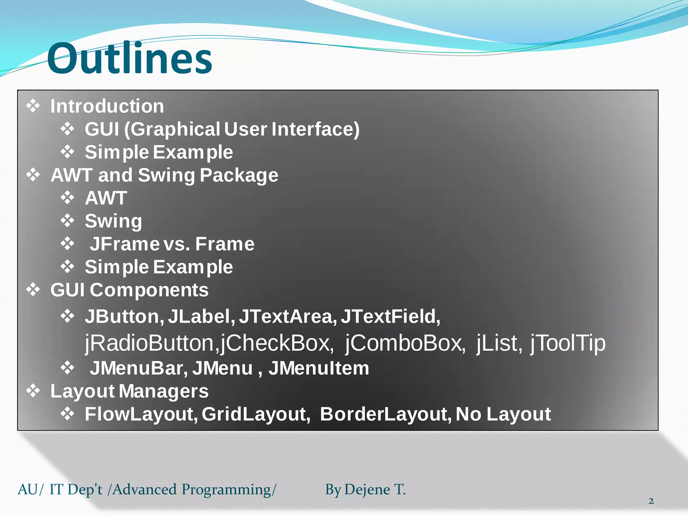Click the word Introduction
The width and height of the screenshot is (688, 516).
pos(107,106)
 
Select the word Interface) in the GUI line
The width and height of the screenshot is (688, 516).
pos(315,129)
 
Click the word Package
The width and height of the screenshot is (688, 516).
pos(239,175)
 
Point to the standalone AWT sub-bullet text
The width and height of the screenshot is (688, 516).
pos(106,198)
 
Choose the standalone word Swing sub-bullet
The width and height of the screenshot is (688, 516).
pos(113,221)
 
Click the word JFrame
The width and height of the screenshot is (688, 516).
pos(124,244)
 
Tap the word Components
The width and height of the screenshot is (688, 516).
pos(149,290)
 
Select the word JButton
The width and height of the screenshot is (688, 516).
pos(124,316)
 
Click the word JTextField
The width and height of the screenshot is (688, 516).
pos(390,316)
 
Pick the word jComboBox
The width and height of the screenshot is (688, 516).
pos(405,343)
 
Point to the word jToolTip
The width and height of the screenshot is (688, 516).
pos(568,343)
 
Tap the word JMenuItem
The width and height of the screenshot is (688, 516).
pos(318,368)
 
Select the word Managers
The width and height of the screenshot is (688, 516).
pos(163,391)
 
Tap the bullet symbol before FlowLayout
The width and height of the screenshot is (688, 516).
pos(67,414)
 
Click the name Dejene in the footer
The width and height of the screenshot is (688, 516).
pos(367,490)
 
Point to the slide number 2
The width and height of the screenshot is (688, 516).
pos(651,501)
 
